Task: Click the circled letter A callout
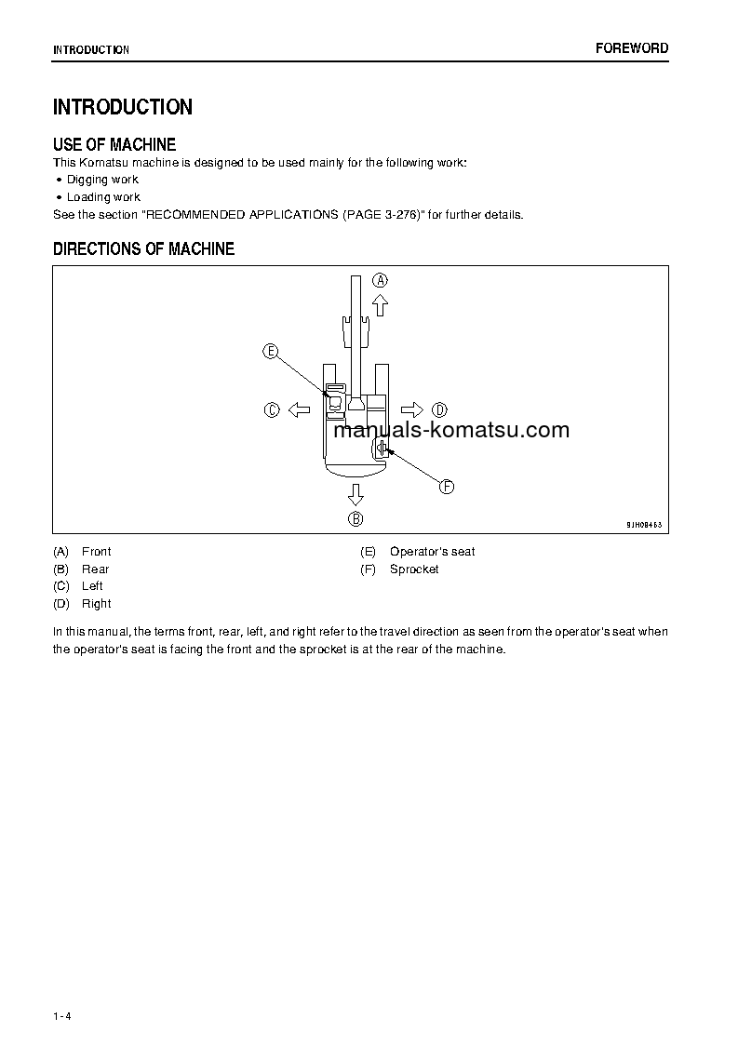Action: (x=380, y=280)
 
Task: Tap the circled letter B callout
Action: (x=356, y=518)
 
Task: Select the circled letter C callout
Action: (x=272, y=409)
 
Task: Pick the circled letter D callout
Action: (x=440, y=409)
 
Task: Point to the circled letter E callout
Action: (x=271, y=351)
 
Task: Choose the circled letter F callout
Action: (x=447, y=487)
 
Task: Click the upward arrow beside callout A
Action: (x=380, y=304)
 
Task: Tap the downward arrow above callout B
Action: (x=356, y=493)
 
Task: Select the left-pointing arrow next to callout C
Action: (x=299, y=409)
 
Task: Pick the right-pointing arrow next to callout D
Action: (x=411, y=409)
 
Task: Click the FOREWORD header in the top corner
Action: (x=632, y=48)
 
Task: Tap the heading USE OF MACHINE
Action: (x=114, y=144)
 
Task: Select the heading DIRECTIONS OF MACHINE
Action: (x=143, y=249)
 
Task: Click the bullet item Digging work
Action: (x=102, y=180)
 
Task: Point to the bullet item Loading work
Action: (x=103, y=197)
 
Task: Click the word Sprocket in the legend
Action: (x=414, y=569)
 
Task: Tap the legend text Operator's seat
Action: (x=432, y=552)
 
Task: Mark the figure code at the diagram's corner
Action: (x=643, y=525)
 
